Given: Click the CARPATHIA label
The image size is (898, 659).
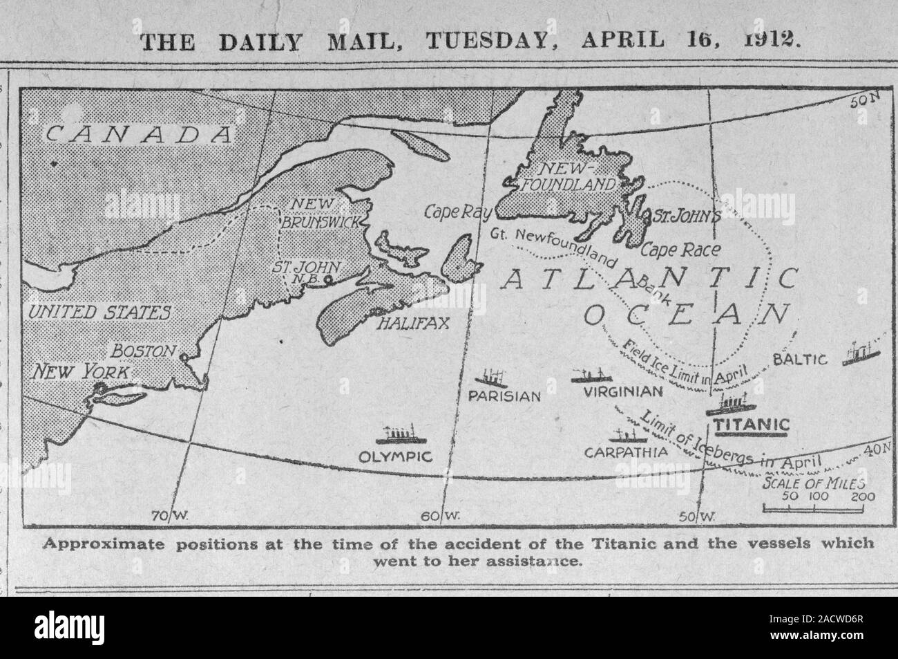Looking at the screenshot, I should pyautogui.click(x=625, y=452).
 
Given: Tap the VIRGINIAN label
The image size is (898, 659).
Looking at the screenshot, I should pyautogui.click(x=622, y=391).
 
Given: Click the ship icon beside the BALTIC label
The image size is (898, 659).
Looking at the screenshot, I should pyautogui.click(x=861, y=353).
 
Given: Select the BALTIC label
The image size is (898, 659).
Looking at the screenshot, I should pyautogui.click(x=800, y=360).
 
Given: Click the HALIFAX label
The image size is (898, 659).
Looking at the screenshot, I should pyautogui.click(x=413, y=322).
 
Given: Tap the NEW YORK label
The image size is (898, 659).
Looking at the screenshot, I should pyautogui.click(x=82, y=372).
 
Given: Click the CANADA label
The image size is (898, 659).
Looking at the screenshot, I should pyautogui.click(x=138, y=133).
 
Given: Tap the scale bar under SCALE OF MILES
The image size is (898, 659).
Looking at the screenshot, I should pyautogui.click(x=814, y=510).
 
